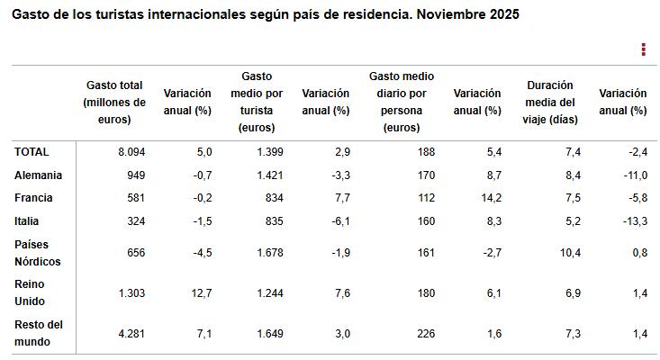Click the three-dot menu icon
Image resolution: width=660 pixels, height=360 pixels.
[643, 49]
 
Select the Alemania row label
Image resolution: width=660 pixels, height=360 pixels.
[38, 175]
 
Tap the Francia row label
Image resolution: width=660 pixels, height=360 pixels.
[33, 198]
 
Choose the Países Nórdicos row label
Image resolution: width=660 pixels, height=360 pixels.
[38, 253]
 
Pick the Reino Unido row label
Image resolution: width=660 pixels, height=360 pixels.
[31, 292]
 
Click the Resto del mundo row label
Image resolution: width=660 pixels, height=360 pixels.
[39, 333]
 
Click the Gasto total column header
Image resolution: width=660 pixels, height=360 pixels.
[114, 102]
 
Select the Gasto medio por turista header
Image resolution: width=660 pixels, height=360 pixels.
[257, 102]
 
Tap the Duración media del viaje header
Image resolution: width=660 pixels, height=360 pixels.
[549, 102]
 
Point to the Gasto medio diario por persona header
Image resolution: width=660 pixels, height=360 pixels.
[401, 102]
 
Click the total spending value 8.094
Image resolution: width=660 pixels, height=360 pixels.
[131, 152]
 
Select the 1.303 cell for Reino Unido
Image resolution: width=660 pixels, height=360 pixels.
[131, 292]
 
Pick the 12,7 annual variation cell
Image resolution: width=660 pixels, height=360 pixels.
[201, 292]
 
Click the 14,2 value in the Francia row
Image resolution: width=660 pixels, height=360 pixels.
[489, 198]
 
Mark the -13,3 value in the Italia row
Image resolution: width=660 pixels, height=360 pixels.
[633, 220]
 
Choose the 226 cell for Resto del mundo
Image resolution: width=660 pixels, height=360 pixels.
[424, 334]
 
